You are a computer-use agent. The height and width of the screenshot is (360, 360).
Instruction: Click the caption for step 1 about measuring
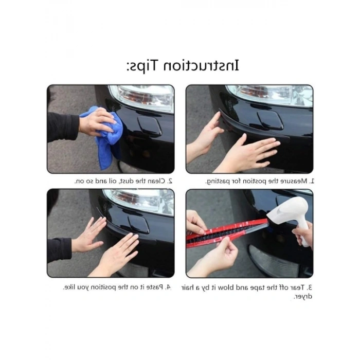click(260, 181)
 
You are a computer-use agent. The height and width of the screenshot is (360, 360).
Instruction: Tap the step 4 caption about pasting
click(117, 287)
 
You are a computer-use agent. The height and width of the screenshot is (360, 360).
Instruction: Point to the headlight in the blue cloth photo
click(141, 97)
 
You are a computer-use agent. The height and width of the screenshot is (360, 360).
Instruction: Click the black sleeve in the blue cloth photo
click(62, 127)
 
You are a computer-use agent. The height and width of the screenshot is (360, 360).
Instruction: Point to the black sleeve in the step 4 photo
click(59, 249)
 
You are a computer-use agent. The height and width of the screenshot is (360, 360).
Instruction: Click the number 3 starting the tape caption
click(310, 287)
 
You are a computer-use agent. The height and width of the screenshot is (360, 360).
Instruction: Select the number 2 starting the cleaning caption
click(170, 181)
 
